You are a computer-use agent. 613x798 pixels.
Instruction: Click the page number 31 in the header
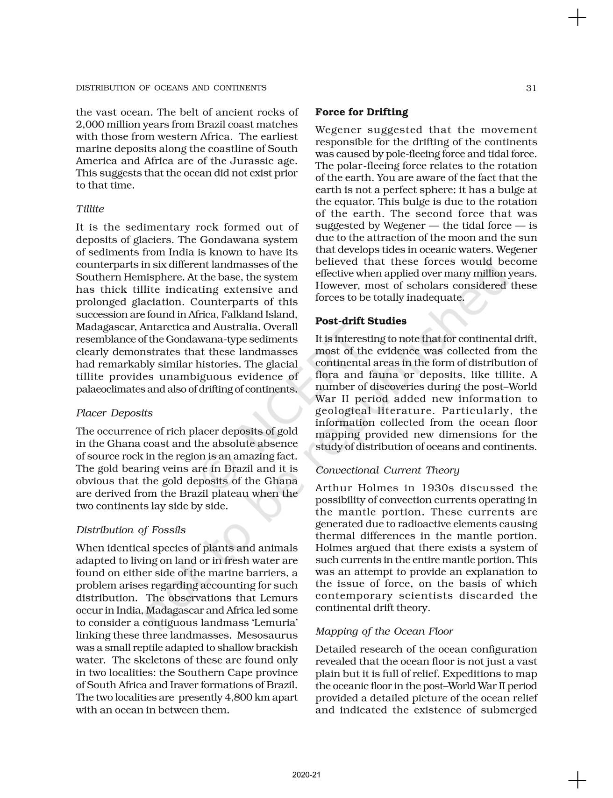coord(531,88)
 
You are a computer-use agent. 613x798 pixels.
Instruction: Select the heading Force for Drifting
coord(361,112)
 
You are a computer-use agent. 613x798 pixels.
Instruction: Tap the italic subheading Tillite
coord(90,209)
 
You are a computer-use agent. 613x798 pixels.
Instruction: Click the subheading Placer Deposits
coord(114,413)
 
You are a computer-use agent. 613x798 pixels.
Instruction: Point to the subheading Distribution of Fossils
coord(131,530)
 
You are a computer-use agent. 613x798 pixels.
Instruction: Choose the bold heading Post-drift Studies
coord(361,321)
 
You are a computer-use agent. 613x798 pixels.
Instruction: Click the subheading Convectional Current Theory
coord(387,470)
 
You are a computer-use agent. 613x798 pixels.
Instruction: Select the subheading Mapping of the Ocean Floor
coord(384,631)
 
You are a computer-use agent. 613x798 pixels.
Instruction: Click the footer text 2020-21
coord(306,775)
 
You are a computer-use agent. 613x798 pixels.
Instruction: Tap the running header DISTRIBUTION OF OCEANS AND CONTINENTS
coord(171,88)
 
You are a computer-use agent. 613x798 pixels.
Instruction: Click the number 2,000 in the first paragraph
coord(89,125)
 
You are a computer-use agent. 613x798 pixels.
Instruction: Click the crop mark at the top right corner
coord(577,18)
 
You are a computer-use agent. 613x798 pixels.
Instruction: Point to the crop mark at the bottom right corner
coord(577,779)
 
